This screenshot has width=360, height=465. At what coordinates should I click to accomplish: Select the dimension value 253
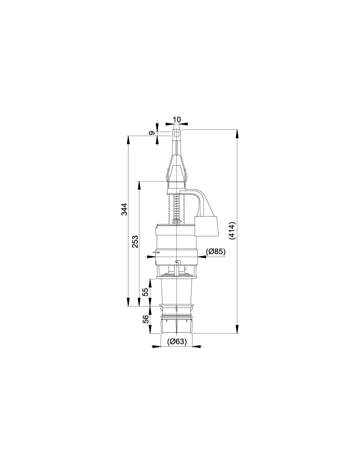(x=135, y=242)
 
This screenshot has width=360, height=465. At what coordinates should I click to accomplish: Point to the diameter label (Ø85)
(x=216, y=252)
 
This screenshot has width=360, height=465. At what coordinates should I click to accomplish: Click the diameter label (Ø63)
(x=177, y=347)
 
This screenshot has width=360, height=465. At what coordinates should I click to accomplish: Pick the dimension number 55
(x=146, y=292)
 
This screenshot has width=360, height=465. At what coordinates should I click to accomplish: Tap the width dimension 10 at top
(x=177, y=119)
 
